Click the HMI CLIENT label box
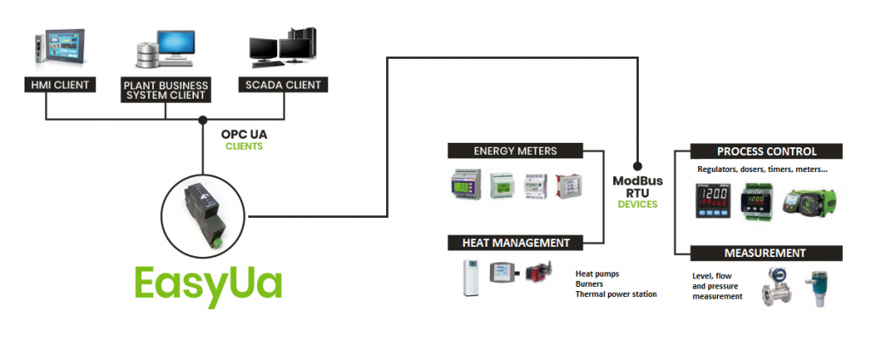[59, 85]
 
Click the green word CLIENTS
[243, 146]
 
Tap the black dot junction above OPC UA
[202, 119]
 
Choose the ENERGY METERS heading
[515, 151]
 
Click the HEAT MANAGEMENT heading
[515, 243]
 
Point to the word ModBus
[637, 180]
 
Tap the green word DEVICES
[637, 204]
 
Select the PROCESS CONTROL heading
[766, 151]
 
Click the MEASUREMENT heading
[765, 253]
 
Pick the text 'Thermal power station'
[617, 294]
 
